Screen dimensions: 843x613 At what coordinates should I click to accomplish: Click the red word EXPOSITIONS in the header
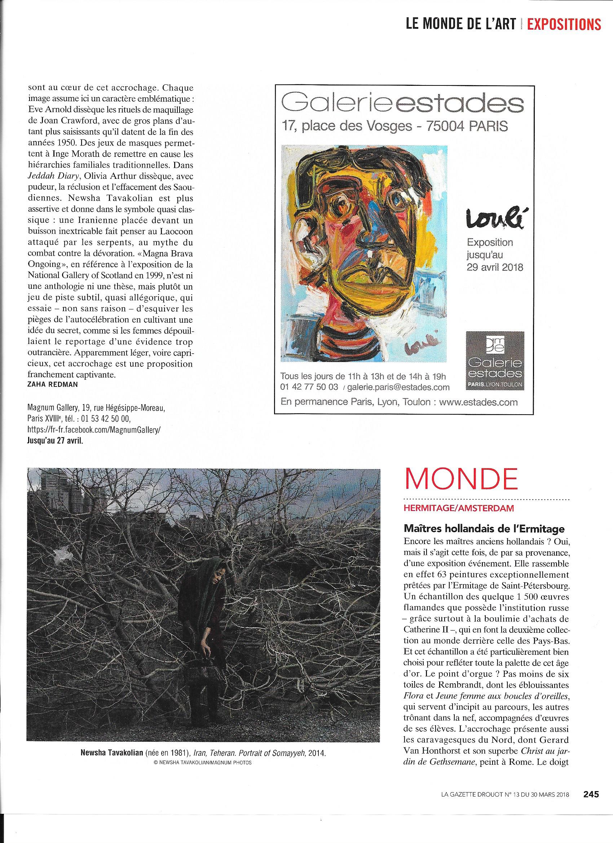pos(564,24)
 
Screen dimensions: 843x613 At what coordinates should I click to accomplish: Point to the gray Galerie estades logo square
pos(495,361)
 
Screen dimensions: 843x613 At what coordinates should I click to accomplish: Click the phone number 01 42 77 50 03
pos(309,387)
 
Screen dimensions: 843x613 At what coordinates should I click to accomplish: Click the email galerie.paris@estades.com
pos(398,387)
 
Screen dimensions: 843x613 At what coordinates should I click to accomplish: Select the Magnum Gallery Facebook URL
pos(95,430)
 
